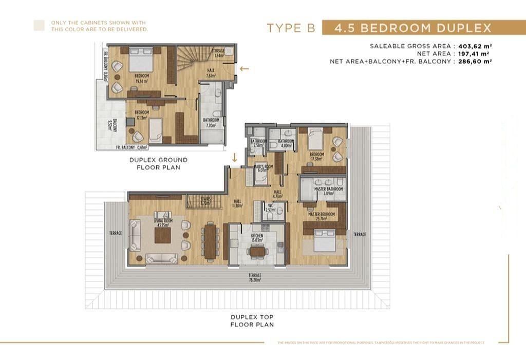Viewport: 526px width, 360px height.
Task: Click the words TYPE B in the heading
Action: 291,28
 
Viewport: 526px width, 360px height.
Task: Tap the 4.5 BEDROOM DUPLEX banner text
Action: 413,28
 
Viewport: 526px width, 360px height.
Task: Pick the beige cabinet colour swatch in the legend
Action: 39,26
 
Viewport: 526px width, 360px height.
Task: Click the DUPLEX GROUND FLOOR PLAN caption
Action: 158,163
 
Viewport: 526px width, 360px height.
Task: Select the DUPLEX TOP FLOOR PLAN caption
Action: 252,320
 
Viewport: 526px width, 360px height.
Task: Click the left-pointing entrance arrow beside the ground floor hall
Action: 245,68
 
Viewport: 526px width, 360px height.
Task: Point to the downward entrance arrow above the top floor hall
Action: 235,158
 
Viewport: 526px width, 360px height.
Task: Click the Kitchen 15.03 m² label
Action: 257,238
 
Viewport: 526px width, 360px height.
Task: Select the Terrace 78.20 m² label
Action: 255,278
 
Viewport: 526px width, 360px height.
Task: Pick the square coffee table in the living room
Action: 162,236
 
